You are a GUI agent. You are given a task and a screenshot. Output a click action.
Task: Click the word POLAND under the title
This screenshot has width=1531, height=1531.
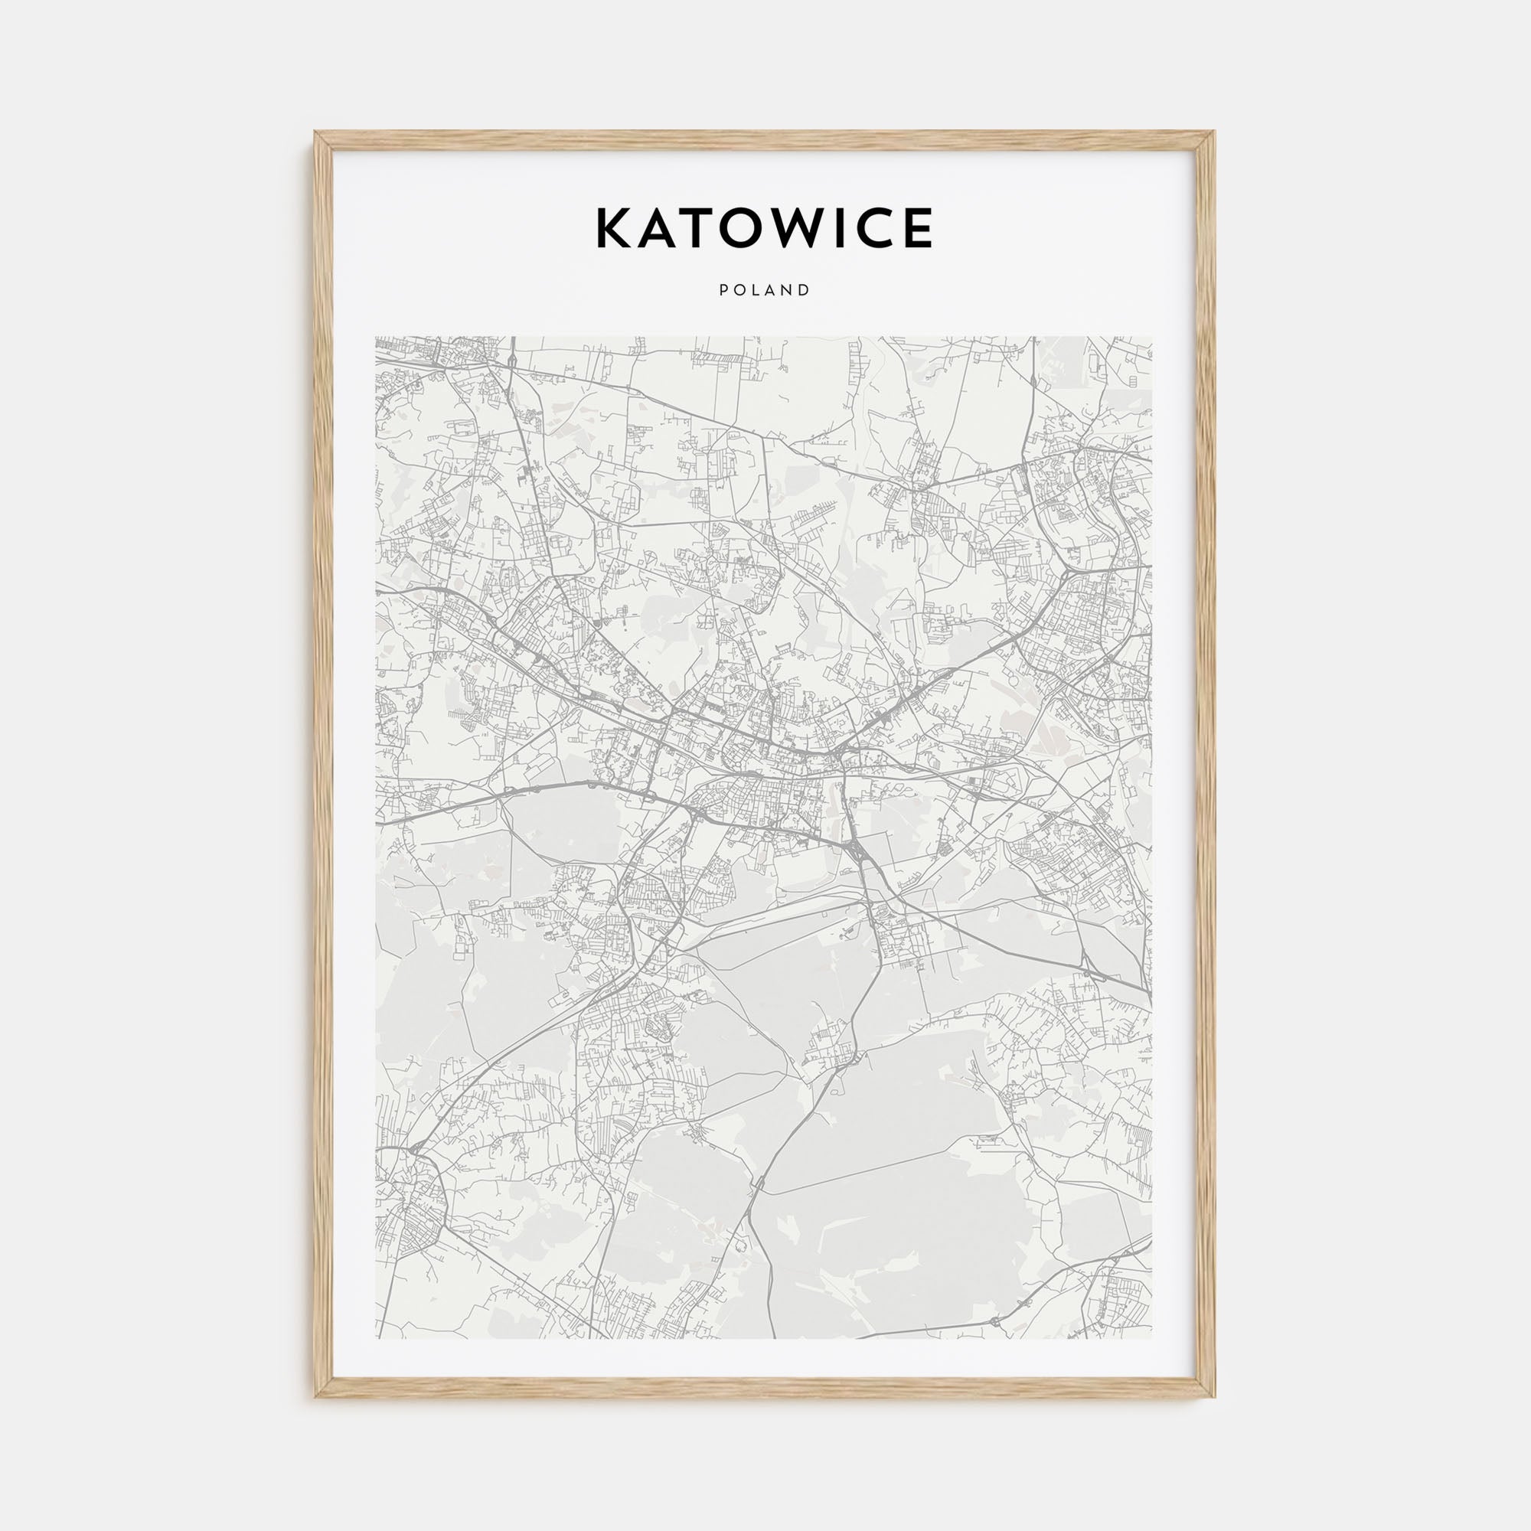coord(765,290)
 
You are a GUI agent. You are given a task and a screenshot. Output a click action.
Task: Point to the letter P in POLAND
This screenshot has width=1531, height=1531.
coord(723,290)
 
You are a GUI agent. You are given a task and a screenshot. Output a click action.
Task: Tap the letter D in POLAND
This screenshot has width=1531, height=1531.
coord(805,290)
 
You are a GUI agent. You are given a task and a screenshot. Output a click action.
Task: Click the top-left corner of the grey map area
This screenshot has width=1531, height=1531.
coord(377,337)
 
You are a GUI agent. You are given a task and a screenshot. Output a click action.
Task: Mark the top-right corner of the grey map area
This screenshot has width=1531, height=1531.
coord(1152,337)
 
